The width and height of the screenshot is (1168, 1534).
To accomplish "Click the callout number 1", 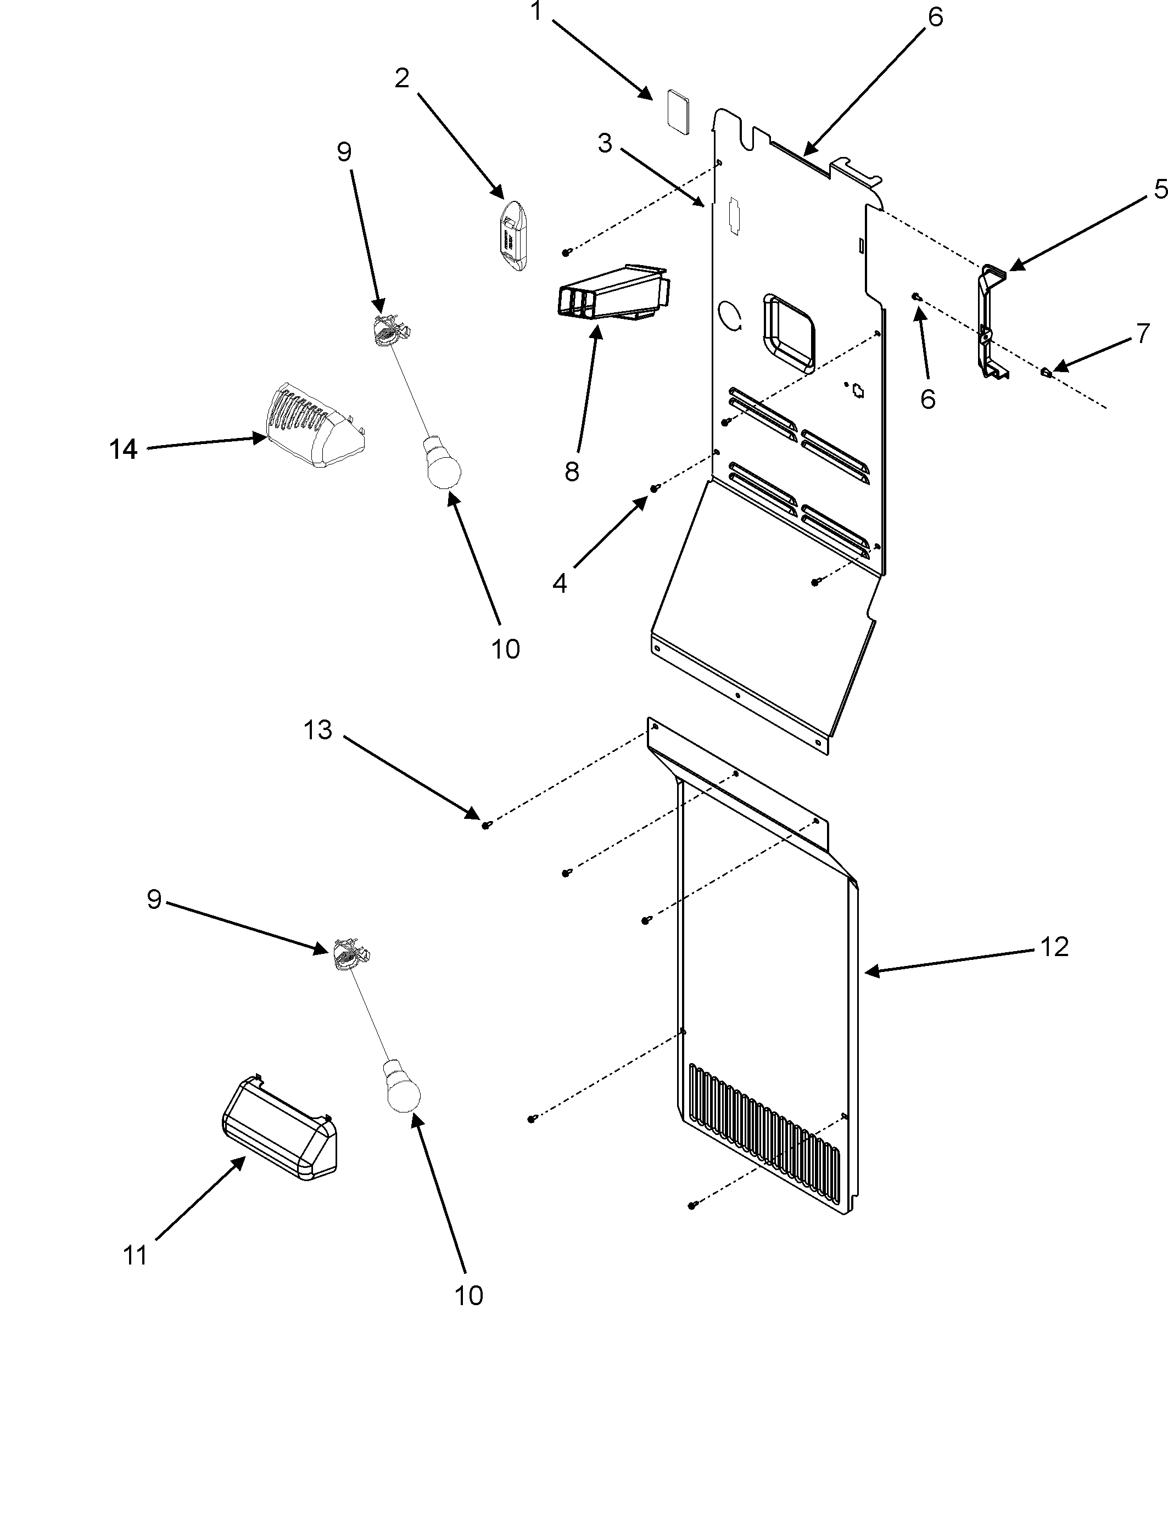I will tap(536, 12).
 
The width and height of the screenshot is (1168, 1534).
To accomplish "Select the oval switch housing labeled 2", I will tap(515, 235).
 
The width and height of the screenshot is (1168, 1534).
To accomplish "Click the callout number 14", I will tap(123, 450).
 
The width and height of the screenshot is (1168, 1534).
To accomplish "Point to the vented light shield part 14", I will tap(311, 426).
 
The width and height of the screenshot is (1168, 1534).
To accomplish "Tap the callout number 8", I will tap(572, 472).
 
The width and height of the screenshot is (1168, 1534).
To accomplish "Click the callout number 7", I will tap(1143, 334).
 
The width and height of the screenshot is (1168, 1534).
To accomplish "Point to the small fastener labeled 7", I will tap(1046, 372).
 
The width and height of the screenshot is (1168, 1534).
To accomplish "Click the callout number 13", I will tap(318, 730).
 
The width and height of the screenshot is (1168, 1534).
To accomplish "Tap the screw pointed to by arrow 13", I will tap(487, 825).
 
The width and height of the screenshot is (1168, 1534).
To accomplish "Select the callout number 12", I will tap(1054, 947).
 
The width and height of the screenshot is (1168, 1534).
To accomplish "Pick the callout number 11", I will tap(135, 1256).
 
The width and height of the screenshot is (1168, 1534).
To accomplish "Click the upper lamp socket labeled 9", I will tap(390, 328).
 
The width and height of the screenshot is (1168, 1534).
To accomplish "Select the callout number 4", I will tap(560, 583).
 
